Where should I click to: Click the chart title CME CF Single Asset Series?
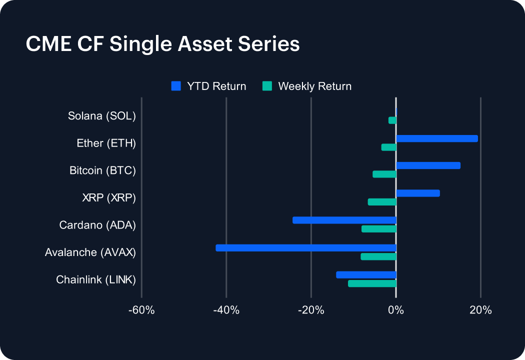(162, 44)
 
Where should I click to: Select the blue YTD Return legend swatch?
(175, 86)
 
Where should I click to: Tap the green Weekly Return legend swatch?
(267, 86)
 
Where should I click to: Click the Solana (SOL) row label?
(102, 116)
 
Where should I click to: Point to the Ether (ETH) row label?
(106, 143)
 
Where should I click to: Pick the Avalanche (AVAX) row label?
(90, 252)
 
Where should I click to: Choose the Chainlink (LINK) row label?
(96, 279)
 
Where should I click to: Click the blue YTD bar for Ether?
(437, 138)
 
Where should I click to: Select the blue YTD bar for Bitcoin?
(428, 165)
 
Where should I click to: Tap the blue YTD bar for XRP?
(418, 193)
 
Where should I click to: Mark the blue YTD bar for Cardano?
(344, 220)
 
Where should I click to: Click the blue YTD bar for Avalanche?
(306, 247)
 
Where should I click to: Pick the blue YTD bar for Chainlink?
(366, 274)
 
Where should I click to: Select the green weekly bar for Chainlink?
(372, 283)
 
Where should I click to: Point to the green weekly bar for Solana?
(392, 120)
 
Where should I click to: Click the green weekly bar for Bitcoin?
(384, 174)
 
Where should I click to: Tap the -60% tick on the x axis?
(141, 310)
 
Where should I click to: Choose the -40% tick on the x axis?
(226, 310)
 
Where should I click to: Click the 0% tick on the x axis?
(396, 310)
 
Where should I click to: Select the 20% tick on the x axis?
(480, 310)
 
